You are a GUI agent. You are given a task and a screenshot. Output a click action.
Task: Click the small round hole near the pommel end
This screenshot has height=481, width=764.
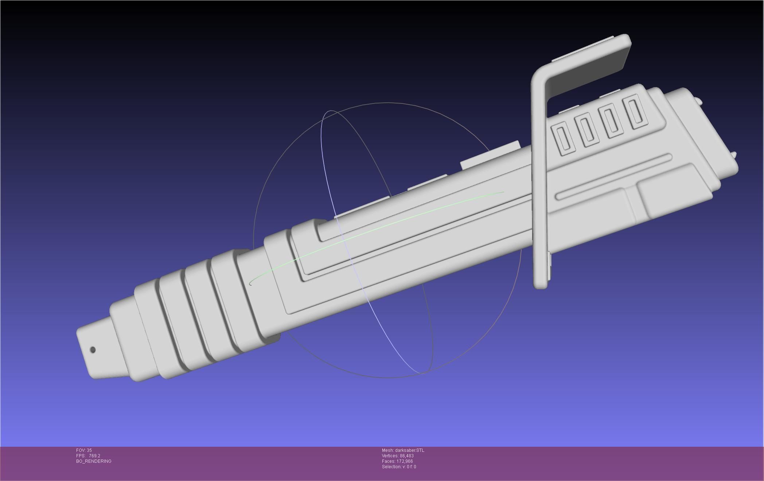click(93, 350)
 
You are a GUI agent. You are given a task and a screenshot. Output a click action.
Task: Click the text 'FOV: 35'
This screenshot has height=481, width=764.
click(84, 450)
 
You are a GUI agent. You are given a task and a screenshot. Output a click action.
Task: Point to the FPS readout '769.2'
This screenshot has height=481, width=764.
click(94, 456)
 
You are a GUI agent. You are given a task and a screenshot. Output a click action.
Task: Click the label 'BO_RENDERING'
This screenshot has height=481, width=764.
click(94, 461)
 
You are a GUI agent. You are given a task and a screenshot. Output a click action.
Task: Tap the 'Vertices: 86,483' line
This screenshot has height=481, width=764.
click(398, 456)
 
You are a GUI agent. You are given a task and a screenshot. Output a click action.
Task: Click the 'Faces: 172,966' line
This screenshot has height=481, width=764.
click(397, 461)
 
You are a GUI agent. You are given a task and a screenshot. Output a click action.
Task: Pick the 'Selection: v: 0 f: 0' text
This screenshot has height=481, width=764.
click(399, 467)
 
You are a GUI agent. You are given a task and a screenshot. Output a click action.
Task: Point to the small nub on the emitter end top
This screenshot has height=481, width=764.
click(698, 100)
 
